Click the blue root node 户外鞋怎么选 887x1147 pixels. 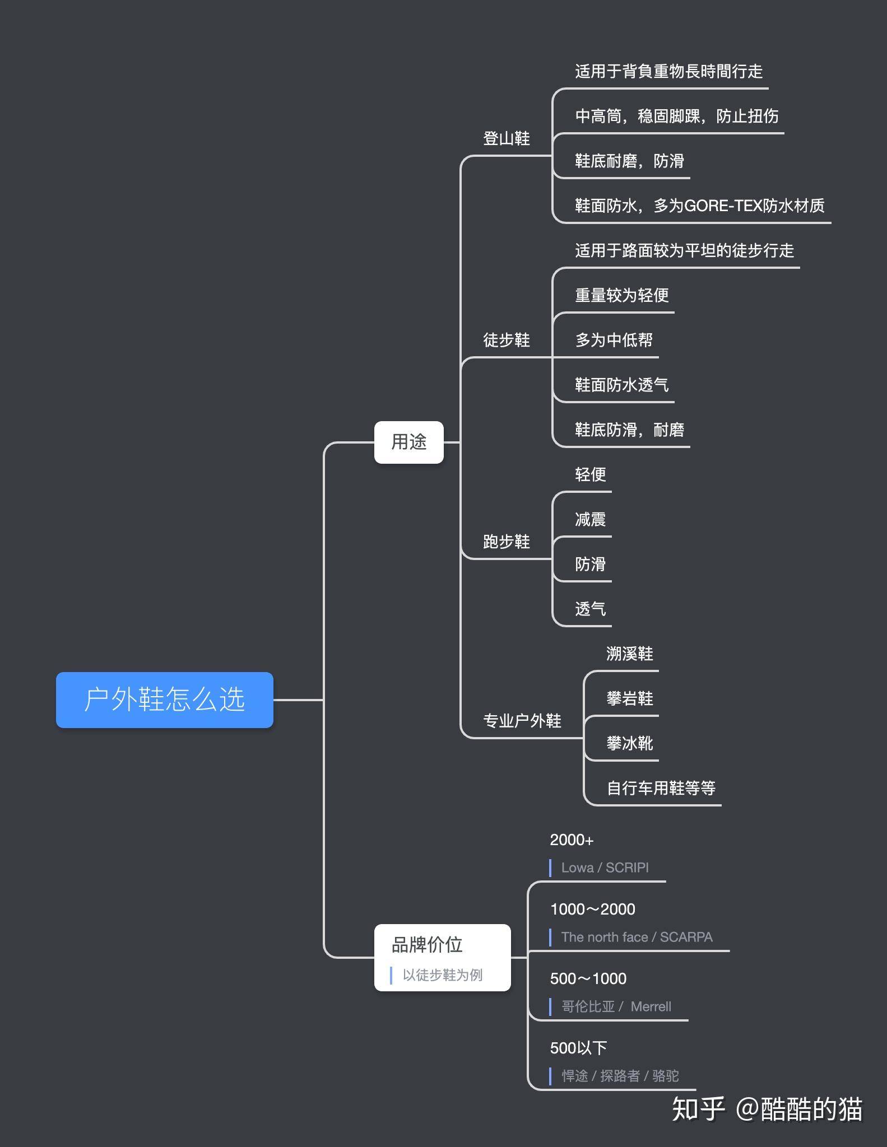pyautogui.click(x=164, y=700)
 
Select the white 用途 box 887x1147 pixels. pyautogui.click(x=408, y=442)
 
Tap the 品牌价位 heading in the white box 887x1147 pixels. pyautogui.click(x=427, y=945)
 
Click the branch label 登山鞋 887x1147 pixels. pyautogui.click(x=506, y=138)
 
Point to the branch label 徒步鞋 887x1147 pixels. pyautogui.click(x=506, y=340)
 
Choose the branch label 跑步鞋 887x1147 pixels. pyautogui.click(x=506, y=542)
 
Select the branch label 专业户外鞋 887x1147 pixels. pyautogui.click(x=522, y=721)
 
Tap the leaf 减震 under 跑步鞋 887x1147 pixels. pyautogui.click(x=590, y=519)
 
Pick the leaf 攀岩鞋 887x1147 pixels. pyautogui.click(x=629, y=698)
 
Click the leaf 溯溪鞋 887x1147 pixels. pyautogui.click(x=629, y=654)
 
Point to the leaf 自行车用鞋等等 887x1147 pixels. pyautogui.click(x=661, y=788)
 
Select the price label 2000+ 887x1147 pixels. pyautogui.click(x=572, y=840)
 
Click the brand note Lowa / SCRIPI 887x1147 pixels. pyautogui.click(x=605, y=868)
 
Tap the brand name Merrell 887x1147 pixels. pyautogui.click(x=651, y=1006)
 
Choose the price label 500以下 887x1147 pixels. pyautogui.click(x=578, y=1048)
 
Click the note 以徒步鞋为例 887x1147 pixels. pyautogui.click(x=442, y=975)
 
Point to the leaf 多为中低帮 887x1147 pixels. pyautogui.click(x=614, y=340)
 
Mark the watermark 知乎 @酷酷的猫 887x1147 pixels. pyautogui.click(x=767, y=1109)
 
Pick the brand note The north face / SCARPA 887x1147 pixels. pyautogui.click(x=637, y=937)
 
